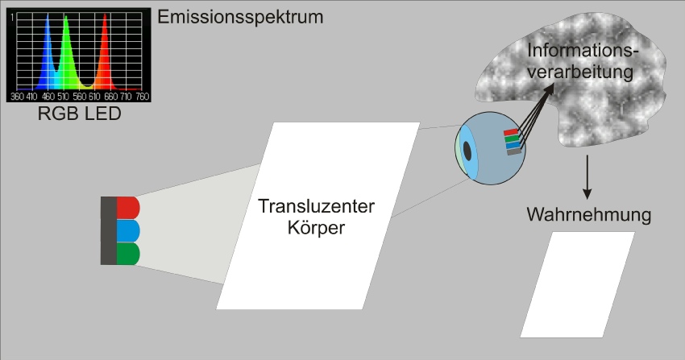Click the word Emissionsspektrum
point(240,18)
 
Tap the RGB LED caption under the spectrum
point(80,114)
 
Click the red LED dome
point(128,208)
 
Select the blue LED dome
point(128,231)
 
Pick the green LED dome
point(128,254)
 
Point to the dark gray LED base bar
point(108,231)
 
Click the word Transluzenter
point(316,206)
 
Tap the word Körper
point(316,228)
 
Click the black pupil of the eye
point(467,151)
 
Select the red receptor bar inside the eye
point(511,132)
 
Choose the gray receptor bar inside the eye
point(514,151)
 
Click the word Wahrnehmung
point(588,215)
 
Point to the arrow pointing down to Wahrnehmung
point(587,177)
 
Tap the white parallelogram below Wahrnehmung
point(578,284)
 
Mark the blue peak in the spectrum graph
point(48,52)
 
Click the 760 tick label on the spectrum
point(143,97)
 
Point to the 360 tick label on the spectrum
point(17,97)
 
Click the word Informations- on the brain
point(583,51)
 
